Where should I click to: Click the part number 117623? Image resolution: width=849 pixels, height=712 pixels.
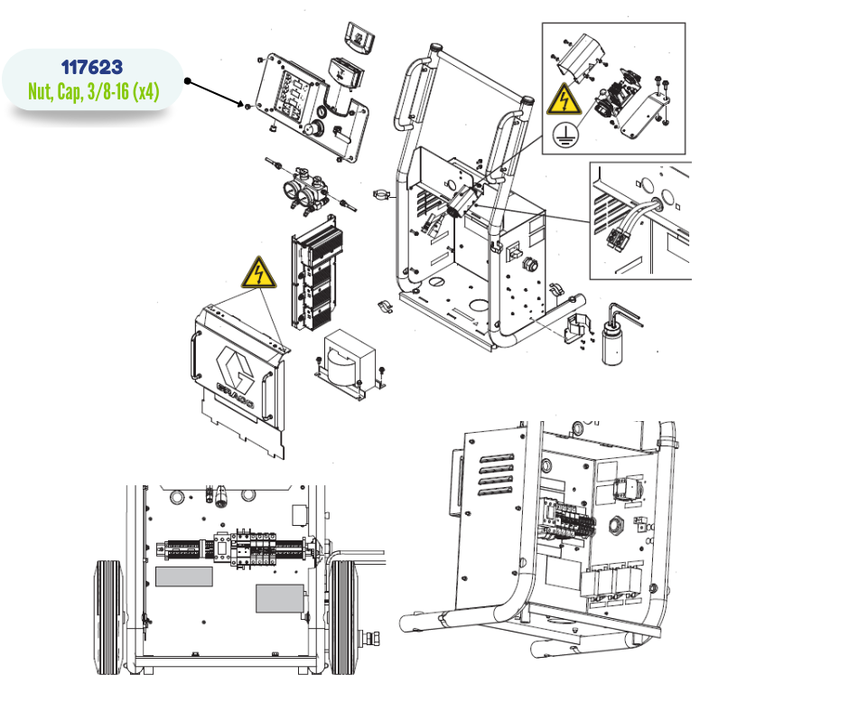[x=92, y=67]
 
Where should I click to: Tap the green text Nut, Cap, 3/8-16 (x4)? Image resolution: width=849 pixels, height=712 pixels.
[x=94, y=91]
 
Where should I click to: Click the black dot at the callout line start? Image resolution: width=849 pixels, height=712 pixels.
[x=187, y=81]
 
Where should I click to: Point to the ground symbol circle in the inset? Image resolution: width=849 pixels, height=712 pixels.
[x=565, y=135]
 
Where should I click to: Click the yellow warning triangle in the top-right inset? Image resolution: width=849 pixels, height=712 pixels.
[x=564, y=99]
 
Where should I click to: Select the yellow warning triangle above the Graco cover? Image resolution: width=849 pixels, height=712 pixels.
[x=259, y=273]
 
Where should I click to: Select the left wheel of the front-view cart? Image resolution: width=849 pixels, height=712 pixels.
[x=109, y=617]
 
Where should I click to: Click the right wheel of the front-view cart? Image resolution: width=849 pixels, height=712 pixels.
[x=343, y=617]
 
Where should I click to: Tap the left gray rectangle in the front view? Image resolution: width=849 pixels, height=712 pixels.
[x=184, y=576]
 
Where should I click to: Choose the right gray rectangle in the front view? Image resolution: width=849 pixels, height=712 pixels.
[x=279, y=599]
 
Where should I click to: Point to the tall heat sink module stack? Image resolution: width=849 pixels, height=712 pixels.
[x=317, y=273]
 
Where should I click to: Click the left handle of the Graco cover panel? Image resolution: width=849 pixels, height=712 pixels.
[x=194, y=356]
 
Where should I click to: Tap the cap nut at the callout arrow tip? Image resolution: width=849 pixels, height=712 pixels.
[x=247, y=107]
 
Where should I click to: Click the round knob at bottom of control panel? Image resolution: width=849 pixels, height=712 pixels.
[x=313, y=130]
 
